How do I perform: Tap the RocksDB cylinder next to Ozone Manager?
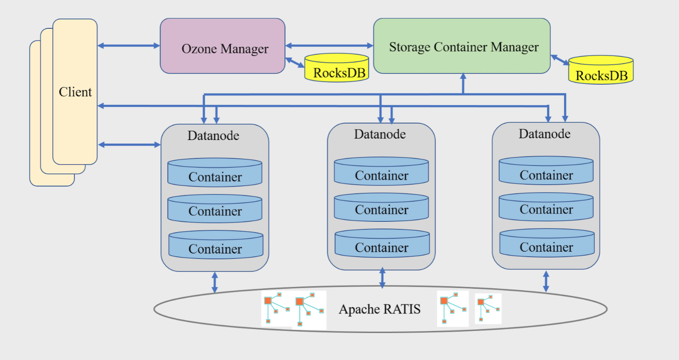[337, 68]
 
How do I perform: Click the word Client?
[75, 92]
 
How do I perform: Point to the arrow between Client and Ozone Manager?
[129, 46]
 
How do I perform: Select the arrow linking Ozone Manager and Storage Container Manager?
[329, 46]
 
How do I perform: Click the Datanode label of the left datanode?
[213, 136]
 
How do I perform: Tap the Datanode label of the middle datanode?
[380, 134]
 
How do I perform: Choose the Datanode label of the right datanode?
[545, 134]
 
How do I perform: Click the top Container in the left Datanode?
[215, 173]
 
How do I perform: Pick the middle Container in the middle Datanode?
[381, 208]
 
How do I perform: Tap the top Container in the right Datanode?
[546, 171]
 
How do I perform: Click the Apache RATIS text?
[379, 309]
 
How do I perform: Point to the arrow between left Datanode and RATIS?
[214, 282]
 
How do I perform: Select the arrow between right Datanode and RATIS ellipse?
[546, 281]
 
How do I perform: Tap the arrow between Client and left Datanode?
[129, 145]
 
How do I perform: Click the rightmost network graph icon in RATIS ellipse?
[488, 308]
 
